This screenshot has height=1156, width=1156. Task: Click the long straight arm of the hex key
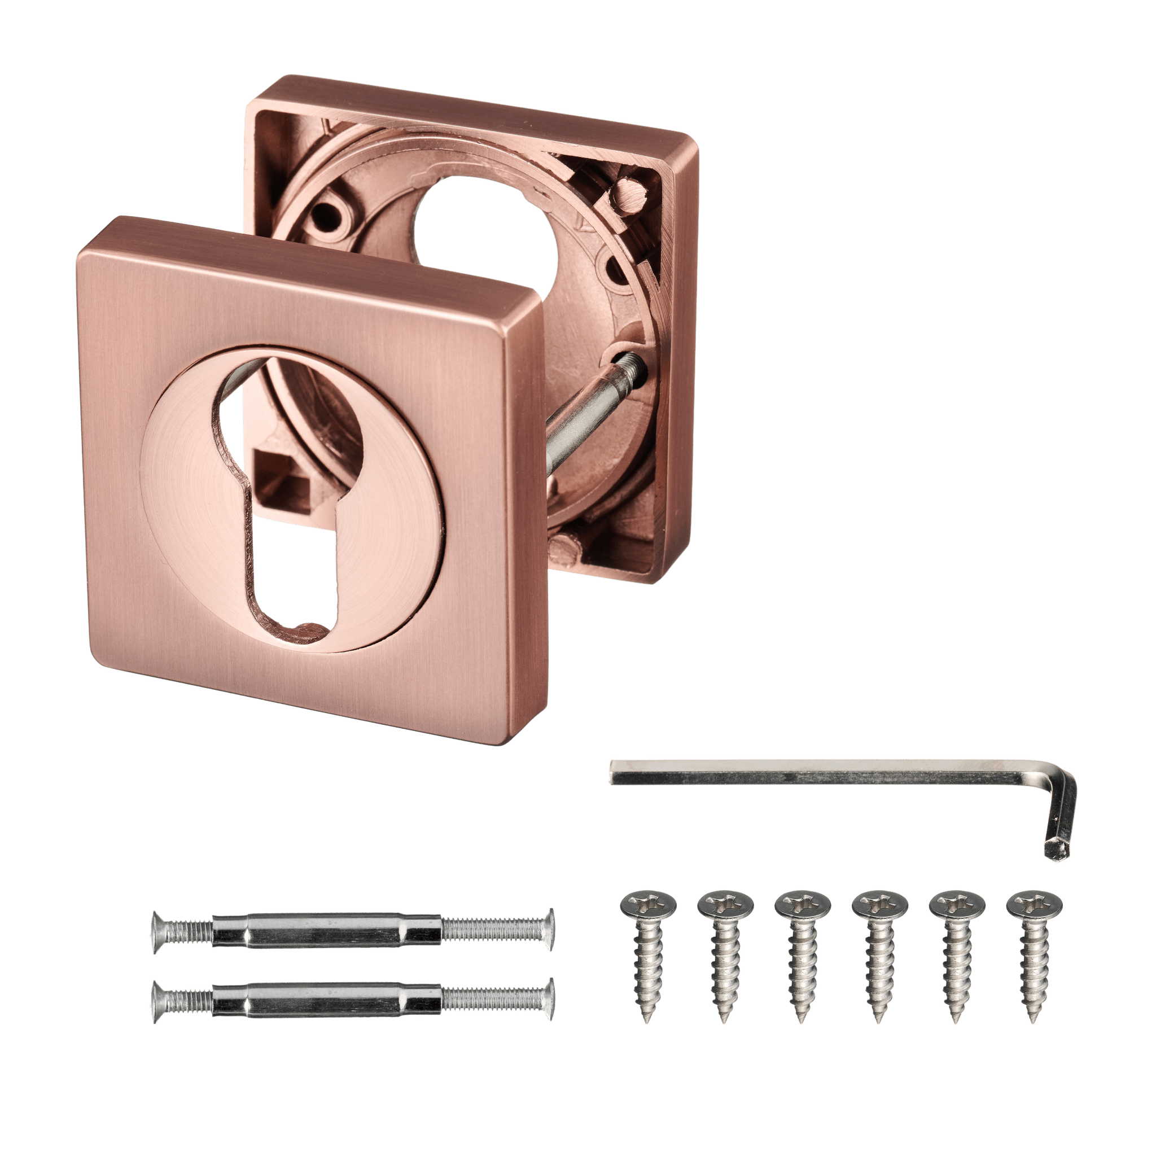tap(826, 776)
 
